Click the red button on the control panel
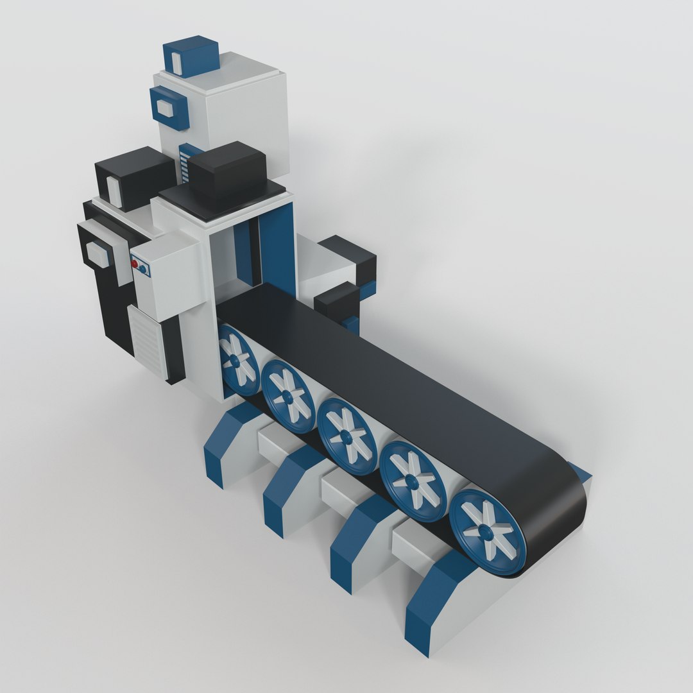(x=135, y=264)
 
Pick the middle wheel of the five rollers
(x=347, y=436)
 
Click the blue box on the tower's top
(x=191, y=55)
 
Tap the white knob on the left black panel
(x=98, y=255)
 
